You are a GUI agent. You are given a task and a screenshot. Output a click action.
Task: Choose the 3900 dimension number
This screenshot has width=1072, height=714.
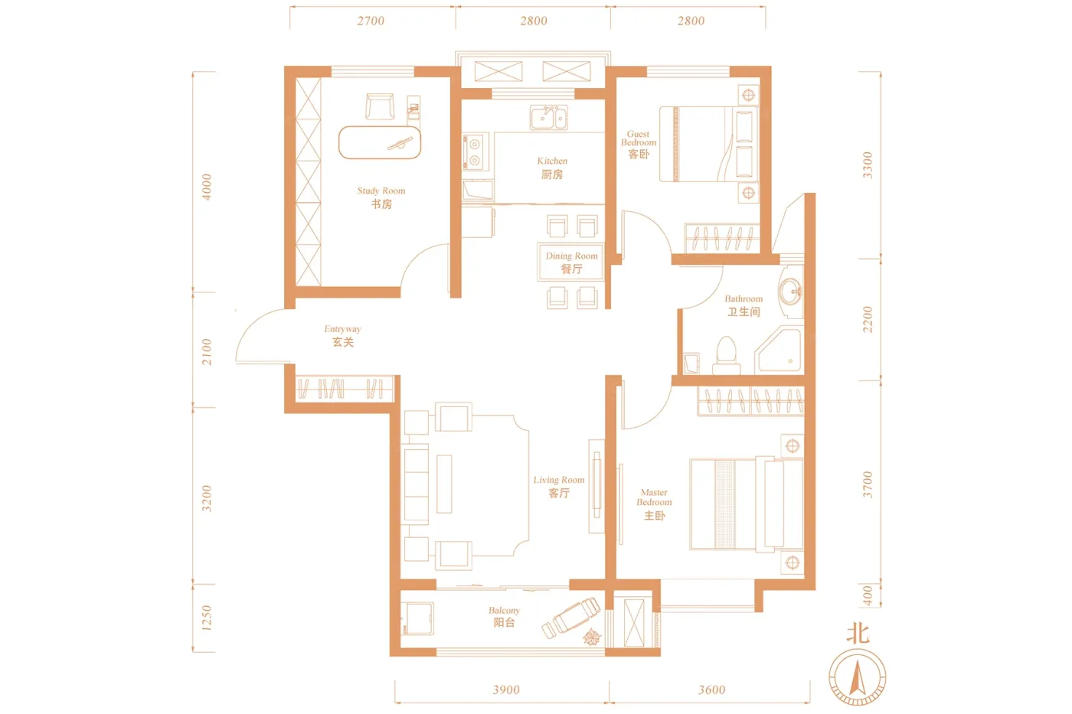tap(506, 690)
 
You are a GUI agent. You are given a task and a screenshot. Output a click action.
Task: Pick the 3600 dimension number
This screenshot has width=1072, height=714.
tap(711, 690)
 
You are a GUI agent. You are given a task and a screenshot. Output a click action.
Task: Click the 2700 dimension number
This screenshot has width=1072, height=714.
tap(371, 21)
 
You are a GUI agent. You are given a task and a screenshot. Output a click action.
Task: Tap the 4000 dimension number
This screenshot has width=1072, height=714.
tap(206, 187)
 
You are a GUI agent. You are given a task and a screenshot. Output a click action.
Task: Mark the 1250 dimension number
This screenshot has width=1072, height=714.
tap(206, 618)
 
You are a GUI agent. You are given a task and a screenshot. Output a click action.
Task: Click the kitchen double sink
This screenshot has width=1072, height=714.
tap(548, 118)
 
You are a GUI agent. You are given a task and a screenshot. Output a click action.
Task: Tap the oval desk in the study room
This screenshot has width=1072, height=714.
tap(380, 142)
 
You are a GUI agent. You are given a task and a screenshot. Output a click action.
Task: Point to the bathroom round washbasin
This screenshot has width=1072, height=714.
tap(790, 292)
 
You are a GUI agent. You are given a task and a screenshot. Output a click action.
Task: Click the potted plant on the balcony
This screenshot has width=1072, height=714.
tap(592, 637)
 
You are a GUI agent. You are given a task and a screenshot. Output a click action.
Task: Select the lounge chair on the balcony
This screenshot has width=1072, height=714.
tap(571, 618)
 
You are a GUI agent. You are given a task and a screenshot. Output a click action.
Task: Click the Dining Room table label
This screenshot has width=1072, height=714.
tap(571, 262)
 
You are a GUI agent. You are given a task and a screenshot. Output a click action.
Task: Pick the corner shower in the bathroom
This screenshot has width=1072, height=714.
tap(779, 350)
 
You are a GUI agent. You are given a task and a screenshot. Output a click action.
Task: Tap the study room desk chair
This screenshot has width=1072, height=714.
tap(380, 106)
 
